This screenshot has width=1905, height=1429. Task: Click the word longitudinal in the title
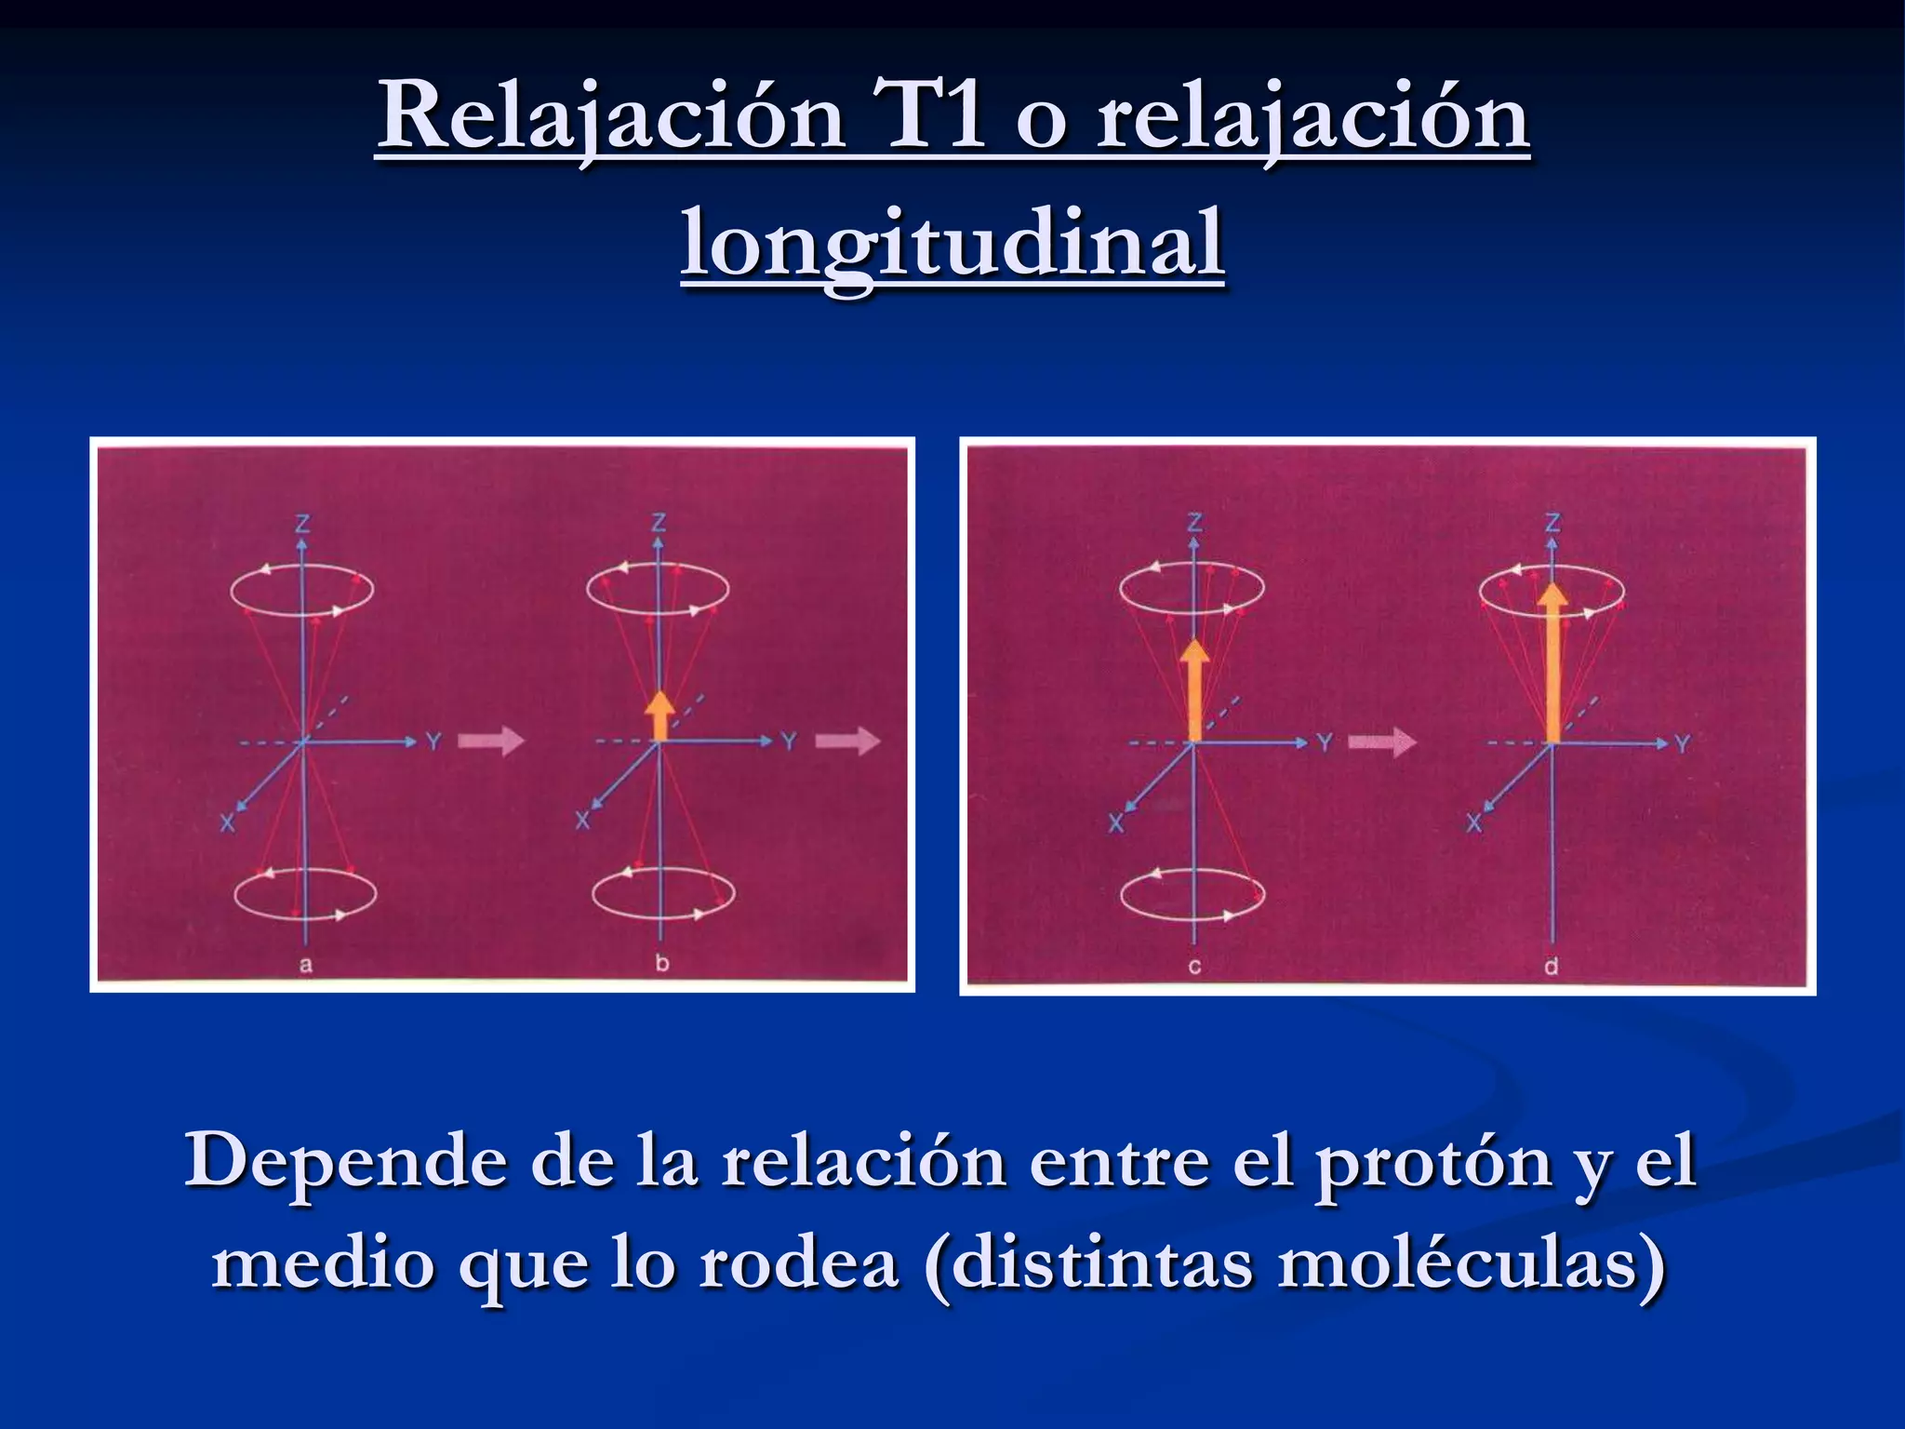tap(952, 244)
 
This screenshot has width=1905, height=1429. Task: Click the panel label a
tap(305, 965)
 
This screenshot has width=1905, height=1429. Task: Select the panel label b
tap(661, 963)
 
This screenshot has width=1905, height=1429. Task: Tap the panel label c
tap(1194, 967)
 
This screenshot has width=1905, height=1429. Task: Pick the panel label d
tap(1551, 967)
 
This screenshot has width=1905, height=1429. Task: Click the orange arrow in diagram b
tap(659, 716)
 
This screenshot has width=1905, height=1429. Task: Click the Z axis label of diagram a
tap(302, 524)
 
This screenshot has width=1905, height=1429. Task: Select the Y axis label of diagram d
tap(1682, 744)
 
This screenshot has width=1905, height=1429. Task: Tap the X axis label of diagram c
tap(1116, 822)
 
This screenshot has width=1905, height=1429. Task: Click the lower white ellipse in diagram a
tap(305, 894)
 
